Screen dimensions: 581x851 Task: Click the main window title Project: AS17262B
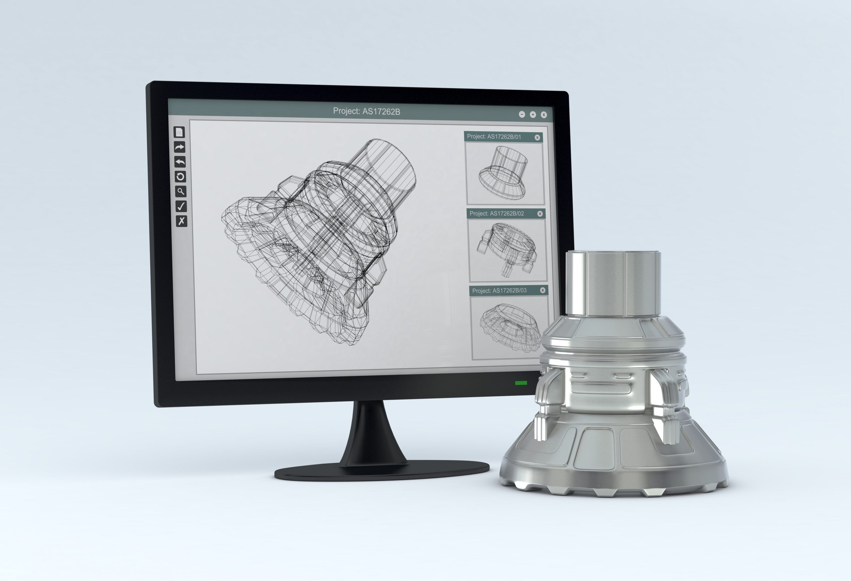(x=366, y=111)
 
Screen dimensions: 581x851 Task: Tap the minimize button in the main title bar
(x=522, y=115)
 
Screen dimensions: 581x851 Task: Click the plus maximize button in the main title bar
(x=533, y=115)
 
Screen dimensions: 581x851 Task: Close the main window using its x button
(x=544, y=115)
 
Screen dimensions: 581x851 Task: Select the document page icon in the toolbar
(x=179, y=132)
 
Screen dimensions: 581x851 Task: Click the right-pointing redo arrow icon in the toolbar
(x=180, y=147)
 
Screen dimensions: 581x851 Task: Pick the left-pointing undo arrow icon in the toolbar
(x=180, y=162)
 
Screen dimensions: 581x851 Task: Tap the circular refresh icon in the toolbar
(x=180, y=177)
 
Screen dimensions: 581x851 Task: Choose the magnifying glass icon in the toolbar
(x=181, y=191)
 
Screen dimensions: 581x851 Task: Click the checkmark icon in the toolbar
(x=181, y=206)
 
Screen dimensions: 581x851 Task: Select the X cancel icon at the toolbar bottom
(x=181, y=221)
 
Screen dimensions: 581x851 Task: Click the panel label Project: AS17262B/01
(x=494, y=137)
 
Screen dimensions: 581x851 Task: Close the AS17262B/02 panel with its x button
(x=540, y=214)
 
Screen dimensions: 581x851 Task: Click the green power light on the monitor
(x=521, y=383)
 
